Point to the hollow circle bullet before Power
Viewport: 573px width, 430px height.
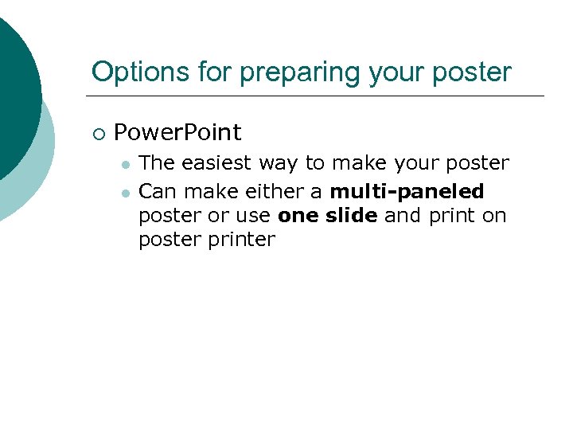97,133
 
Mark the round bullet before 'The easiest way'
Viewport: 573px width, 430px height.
125,164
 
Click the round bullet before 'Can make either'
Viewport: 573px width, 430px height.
125,192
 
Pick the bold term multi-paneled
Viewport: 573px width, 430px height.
407,192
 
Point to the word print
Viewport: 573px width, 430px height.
450,216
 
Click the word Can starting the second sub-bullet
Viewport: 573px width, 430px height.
156,191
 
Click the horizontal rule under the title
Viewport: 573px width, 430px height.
318,96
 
